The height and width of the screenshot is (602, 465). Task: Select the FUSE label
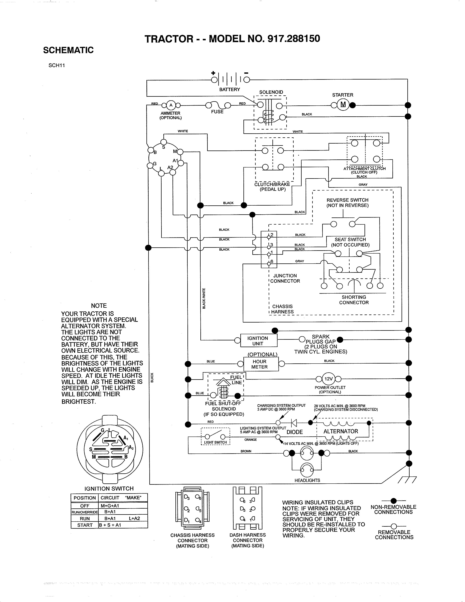tap(217, 112)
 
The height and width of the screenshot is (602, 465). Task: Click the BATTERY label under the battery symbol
tap(229, 89)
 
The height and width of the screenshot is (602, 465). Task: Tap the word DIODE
tap(294, 432)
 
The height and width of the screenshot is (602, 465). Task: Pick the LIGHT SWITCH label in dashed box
tap(215, 442)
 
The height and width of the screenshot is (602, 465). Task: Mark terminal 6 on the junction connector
tap(269, 264)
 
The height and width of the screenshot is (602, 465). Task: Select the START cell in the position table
tap(85, 525)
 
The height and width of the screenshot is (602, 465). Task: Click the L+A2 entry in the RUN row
tap(134, 518)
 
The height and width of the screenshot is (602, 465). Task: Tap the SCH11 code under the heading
tap(57, 65)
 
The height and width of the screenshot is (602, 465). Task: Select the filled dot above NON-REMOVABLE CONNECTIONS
tap(394, 501)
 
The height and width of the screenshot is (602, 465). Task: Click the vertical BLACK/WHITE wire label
tap(204, 298)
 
